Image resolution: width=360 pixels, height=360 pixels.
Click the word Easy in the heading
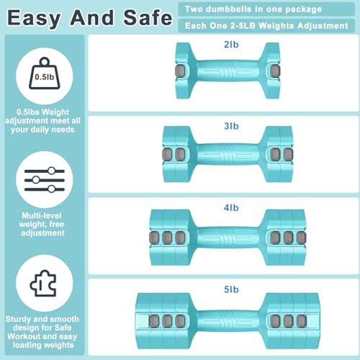(34, 19)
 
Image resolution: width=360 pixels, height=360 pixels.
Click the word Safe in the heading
(148, 18)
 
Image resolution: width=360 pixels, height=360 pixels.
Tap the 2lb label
(231, 45)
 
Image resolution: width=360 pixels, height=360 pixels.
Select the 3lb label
(231, 126)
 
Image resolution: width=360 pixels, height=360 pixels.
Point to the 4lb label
(231, 207)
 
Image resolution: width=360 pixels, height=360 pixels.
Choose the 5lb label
(231, 289)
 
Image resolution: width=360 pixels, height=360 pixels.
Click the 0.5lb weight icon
(45, 73)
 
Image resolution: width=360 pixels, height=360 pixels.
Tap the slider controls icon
(45, 180)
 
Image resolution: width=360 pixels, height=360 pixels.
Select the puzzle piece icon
(43, 283)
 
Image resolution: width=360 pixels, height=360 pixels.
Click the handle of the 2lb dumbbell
(228, 71)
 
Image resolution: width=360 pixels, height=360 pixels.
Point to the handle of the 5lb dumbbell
(228, 321)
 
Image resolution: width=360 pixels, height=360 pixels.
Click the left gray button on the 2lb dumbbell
(180, 71)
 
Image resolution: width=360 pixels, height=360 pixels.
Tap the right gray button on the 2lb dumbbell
(275, 71)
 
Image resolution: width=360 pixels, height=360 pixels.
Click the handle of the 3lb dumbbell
(228, 154)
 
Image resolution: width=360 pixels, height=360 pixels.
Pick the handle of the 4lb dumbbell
(228, 238)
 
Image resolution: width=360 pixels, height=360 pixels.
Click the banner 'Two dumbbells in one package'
(266, 9)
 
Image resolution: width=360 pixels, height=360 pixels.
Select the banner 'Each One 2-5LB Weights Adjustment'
(266, 26)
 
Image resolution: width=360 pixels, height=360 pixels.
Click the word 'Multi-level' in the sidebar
(42, 215)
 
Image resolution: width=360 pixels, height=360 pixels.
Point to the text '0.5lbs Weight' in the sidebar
(42, 112)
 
